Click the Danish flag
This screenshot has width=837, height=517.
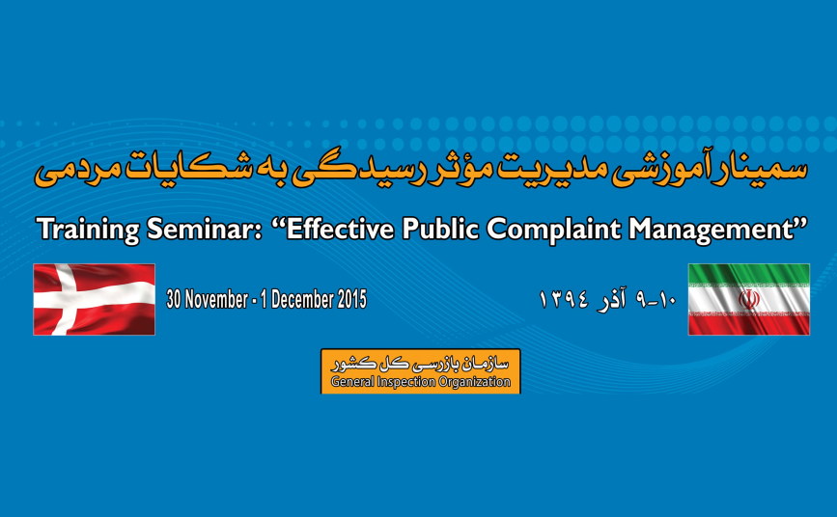click(x=94, y=299)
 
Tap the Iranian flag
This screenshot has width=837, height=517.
click(x=749, y=299)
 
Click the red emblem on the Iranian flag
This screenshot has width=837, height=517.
click(x=749, y=299)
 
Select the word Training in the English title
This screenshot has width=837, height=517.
click(x=88, y=230)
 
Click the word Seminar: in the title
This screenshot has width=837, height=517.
click(x=205, y=229)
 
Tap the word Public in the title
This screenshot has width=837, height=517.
click(x=440, y=229)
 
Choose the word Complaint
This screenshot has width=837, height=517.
click(x=553, y=230)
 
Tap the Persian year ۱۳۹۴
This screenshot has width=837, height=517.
click(x=564, y=299)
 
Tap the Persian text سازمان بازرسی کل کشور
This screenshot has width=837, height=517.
click(x=420, y=364)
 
